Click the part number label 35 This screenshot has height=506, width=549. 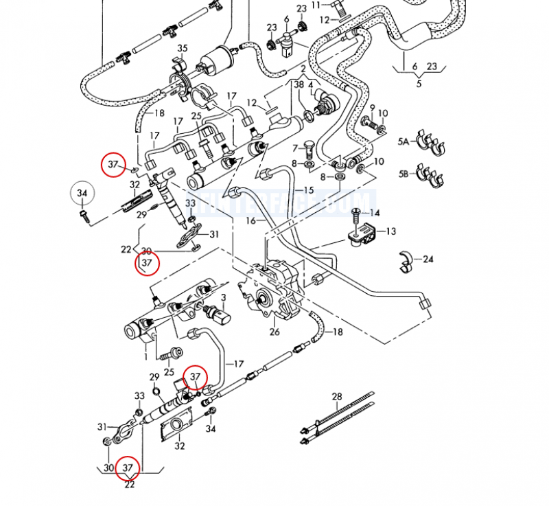182,48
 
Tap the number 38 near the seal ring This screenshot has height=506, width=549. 299,84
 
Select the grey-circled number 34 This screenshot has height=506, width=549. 82,194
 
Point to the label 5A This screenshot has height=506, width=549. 404,142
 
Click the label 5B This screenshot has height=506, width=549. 404,174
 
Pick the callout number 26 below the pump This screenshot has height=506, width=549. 274,333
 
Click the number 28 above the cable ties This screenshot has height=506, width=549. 337,397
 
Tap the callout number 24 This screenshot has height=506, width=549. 429,260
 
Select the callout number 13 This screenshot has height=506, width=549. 390,231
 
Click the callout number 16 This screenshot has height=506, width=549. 252,220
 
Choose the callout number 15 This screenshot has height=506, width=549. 309,189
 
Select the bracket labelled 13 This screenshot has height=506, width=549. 363,233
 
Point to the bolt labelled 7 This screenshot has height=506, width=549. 308,149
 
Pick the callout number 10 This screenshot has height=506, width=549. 383,113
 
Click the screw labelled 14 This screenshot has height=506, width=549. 356,218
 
